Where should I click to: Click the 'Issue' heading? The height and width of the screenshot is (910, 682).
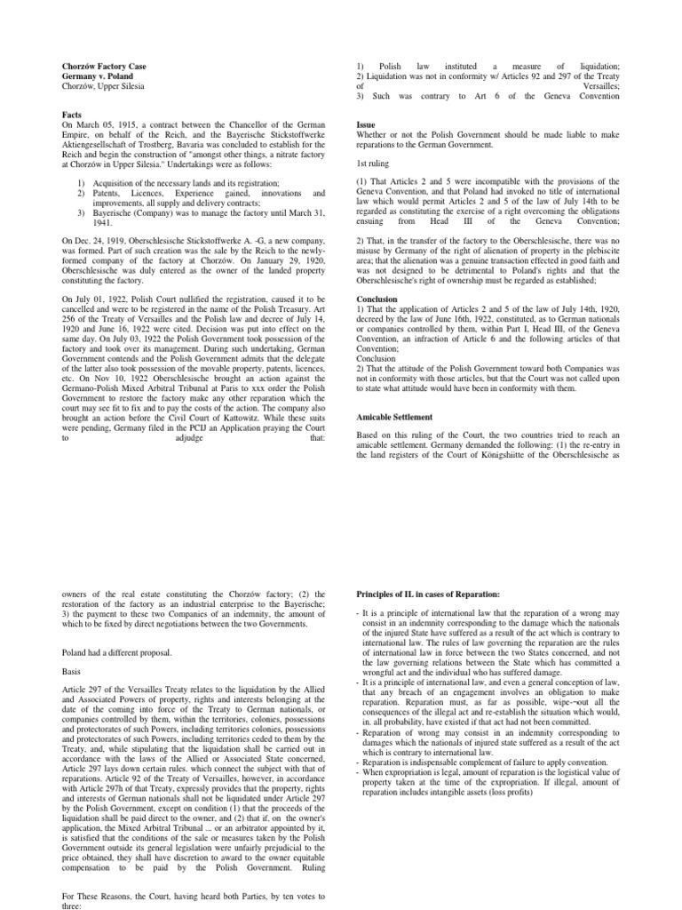pos(364,125)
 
